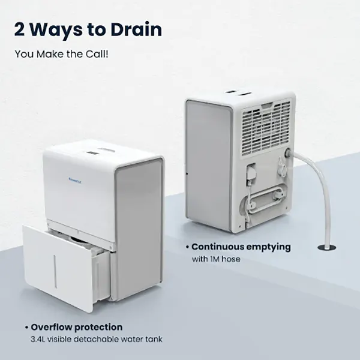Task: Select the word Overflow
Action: pos(53,328)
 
